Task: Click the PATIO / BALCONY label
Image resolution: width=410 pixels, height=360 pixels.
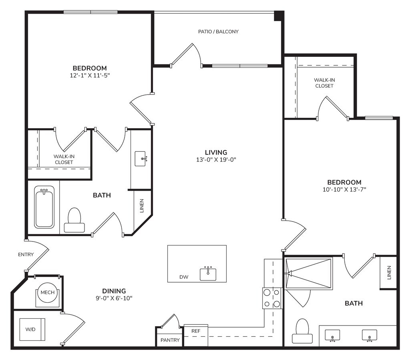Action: [218, 32]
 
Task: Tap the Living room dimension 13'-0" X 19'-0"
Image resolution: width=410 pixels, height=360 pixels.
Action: [216, 159]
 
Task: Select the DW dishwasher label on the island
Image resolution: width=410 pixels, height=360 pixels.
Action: [184, 277]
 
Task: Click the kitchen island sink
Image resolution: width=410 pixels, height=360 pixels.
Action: [208, 274]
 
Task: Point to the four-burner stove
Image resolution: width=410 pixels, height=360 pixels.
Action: [272, 298]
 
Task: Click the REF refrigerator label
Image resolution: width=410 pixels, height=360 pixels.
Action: [196, 331]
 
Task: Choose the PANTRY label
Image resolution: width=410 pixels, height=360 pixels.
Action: [170, 340]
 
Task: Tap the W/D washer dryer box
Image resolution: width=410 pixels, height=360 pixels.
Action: [32, 330]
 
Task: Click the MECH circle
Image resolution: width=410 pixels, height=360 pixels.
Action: [48, 293]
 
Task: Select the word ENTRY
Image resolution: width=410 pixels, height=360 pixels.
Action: [26, 254]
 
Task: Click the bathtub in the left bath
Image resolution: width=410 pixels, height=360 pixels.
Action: [44, 207]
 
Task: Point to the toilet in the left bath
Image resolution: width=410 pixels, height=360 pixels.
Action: [74, 220]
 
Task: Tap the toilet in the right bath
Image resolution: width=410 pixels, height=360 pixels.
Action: [302, 331]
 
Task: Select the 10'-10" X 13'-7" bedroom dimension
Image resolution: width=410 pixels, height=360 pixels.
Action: [344, 189]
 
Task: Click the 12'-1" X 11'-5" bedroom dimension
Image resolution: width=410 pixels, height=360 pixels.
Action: [90, 75]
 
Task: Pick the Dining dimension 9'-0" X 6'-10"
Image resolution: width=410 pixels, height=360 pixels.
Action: [114, 298]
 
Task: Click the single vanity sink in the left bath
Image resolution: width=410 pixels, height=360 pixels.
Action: [141, 159]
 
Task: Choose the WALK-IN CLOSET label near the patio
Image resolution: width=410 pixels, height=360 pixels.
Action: [324, 83]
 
